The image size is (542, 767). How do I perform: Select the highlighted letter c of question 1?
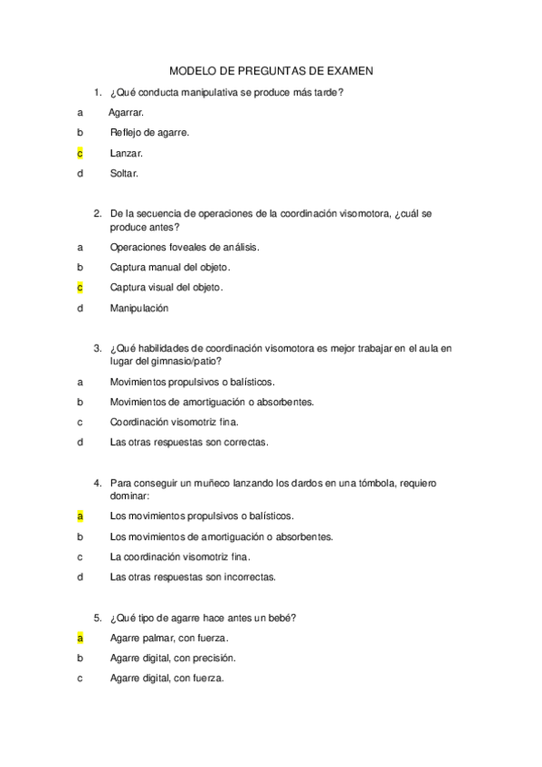point(80,153)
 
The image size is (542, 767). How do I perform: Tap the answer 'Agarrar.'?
point(126,112)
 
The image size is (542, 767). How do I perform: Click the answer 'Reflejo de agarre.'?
point(149,132)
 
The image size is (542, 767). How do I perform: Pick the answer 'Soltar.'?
point(125,174)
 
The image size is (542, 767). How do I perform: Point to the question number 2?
point(97,214)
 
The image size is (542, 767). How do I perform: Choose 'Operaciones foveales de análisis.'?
point(184,246)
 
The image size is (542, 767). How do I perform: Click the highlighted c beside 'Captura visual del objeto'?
point(80,288)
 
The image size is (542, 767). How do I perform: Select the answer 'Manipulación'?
point(139,308)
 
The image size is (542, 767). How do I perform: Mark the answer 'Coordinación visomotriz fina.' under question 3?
point(175,421)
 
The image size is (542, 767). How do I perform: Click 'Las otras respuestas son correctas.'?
point(188,442)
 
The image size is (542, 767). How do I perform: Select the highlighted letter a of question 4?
point(80,516)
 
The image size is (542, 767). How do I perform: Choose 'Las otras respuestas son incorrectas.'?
point(193,576)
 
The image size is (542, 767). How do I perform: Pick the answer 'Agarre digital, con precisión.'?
point(173,658)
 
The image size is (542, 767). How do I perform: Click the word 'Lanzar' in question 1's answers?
point(126,153)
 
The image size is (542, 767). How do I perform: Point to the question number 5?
point(97,618)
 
